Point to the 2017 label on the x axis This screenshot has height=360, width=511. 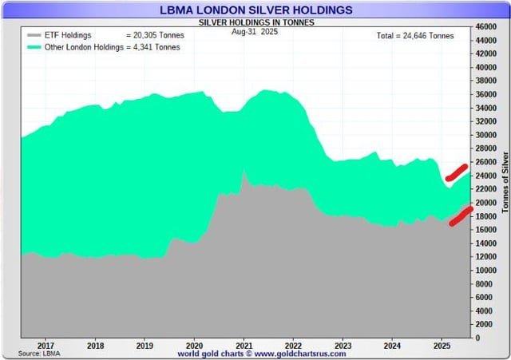click(46, 346)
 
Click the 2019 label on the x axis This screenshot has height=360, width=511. click(145, 346)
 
